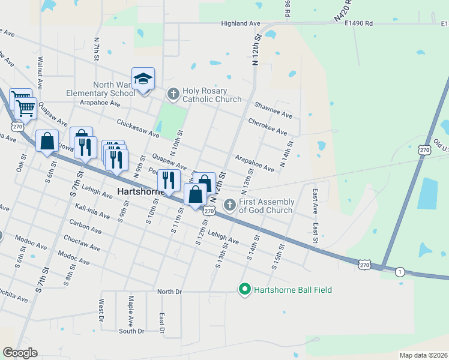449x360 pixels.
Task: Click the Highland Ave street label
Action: [x=240, y=23]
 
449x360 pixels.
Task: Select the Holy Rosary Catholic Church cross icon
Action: [x=173, y=94]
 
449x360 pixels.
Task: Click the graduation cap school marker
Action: [x=143, y=79]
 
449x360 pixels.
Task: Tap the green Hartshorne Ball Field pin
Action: [x=244, y=290]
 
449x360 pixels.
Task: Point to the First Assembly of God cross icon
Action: [x=229, y=206]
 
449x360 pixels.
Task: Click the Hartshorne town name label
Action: [x=139, y=193]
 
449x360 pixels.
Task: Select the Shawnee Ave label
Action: [x=273, y=111]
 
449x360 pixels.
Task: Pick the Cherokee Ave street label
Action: [x=268, y=127]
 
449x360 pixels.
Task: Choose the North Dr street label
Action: [x=169, y=292]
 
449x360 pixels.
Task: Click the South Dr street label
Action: [x=131, y=331]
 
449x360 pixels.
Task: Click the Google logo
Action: [x=20, y=353]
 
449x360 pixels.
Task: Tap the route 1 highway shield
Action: [x=400, y=272]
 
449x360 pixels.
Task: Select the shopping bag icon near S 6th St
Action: [x=47, y=142]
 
